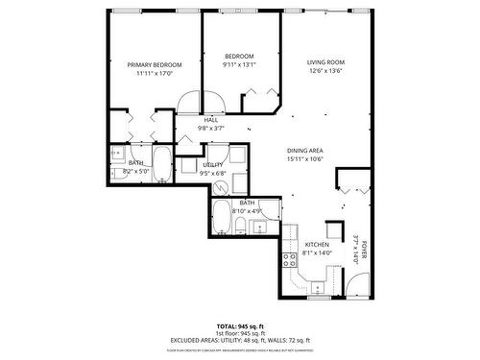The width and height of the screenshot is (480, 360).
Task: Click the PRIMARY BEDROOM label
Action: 154,64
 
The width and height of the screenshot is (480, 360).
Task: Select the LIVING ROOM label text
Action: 325,62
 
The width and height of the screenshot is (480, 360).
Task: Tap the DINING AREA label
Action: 304,151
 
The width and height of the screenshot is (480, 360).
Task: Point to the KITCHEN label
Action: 317,245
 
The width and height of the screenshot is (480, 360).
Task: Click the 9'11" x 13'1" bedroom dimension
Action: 239,65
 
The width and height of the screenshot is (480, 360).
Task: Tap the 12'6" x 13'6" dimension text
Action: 325,71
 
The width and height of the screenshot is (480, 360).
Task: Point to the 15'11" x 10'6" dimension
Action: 304,159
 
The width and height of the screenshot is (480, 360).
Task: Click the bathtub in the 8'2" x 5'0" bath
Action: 160,166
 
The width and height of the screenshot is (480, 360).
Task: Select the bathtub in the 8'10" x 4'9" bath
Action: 221,219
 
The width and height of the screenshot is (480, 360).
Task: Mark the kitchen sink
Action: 315,286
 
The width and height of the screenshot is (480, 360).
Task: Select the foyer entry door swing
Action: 358,282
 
